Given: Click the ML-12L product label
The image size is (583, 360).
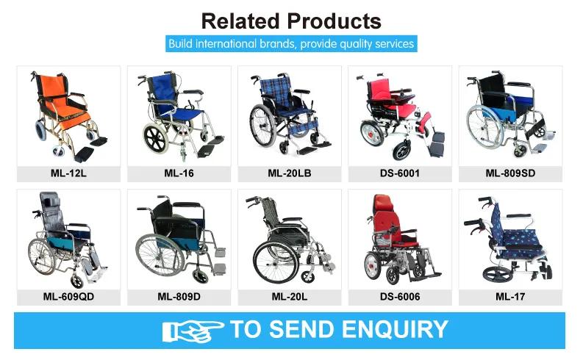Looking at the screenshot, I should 68,174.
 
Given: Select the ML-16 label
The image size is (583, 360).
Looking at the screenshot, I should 179,174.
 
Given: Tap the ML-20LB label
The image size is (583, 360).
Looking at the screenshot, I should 289,174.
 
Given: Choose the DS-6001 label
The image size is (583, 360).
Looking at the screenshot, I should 399,174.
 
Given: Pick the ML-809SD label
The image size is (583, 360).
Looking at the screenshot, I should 510,174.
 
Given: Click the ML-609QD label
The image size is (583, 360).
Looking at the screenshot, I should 68,297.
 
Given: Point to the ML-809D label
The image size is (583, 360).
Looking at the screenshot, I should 179,297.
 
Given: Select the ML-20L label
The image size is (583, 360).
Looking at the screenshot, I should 289,297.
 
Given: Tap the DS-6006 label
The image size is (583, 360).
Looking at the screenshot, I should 399,297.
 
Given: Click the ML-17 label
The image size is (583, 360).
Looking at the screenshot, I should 510,297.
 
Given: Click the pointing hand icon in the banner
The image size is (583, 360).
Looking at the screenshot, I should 193,330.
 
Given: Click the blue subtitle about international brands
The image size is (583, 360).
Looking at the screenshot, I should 291,44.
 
